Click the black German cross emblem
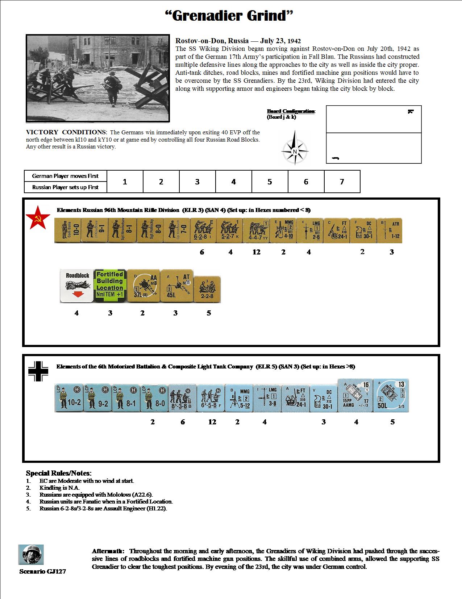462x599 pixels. [38, 371]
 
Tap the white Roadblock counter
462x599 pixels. [77, 286]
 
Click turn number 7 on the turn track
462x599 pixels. [342, 182]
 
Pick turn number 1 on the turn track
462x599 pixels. [125, 182]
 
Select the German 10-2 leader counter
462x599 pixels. [69, 398]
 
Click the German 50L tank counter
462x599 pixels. [391, 395]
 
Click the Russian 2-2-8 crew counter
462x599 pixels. [207, 289]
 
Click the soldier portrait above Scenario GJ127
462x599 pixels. [31, 554]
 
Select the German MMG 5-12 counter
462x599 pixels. [239, 398]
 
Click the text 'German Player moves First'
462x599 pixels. [65, 176]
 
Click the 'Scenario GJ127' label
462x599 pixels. [43, 571]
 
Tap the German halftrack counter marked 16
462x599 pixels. [355, 395]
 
